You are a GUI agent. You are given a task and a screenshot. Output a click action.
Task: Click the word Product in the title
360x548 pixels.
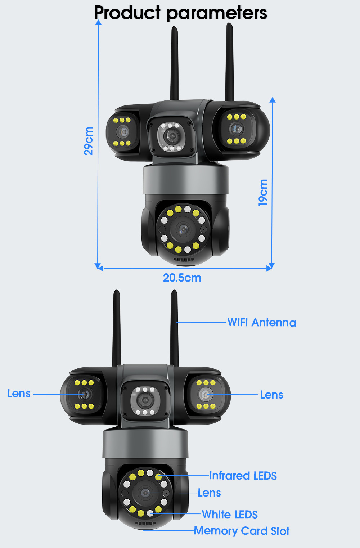(x=127, y=13)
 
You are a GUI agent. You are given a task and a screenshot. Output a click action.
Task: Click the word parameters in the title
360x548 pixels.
(x=217, y=13)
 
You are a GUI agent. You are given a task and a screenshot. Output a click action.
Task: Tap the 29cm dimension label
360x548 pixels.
(x=89, y=141)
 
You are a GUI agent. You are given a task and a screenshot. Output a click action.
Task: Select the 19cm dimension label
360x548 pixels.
(x=263, y=193)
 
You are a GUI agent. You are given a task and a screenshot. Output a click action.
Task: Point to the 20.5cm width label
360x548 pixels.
(x=182, y=278)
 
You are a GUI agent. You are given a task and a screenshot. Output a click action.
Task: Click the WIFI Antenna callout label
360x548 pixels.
(x=262, y=322)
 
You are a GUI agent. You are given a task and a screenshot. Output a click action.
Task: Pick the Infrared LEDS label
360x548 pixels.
(x=243, y=476)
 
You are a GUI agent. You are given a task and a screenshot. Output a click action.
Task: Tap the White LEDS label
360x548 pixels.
(x=230, y=515)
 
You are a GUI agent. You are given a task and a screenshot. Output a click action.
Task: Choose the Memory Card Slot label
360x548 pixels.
(x=242, y=531)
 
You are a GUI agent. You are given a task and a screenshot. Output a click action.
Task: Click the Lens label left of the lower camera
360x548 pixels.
(x=19, y=394)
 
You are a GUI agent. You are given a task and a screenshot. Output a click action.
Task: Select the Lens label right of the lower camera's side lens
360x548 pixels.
(x=271, y=395)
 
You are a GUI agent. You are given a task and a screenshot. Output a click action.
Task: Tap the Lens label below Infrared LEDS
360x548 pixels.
(x=209, y=493)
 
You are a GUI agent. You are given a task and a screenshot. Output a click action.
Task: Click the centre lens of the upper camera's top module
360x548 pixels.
(x=172, y=136)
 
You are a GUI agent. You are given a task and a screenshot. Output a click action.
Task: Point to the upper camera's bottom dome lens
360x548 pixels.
(x=184, y=229)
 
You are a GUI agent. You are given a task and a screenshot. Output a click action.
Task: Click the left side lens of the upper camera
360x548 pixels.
(x=123, y=132)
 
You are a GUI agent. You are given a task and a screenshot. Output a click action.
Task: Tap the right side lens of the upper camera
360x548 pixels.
(x=237, y=129)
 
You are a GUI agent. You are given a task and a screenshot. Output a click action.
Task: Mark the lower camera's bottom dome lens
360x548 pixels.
(x=145, y=493)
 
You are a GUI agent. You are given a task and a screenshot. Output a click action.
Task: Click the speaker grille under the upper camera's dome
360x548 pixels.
(x=184, y=259)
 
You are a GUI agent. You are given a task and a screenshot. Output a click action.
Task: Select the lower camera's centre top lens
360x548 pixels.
(x=145, y=400)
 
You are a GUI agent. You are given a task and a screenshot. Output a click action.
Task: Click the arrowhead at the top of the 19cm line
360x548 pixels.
(x=273, y=100)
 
